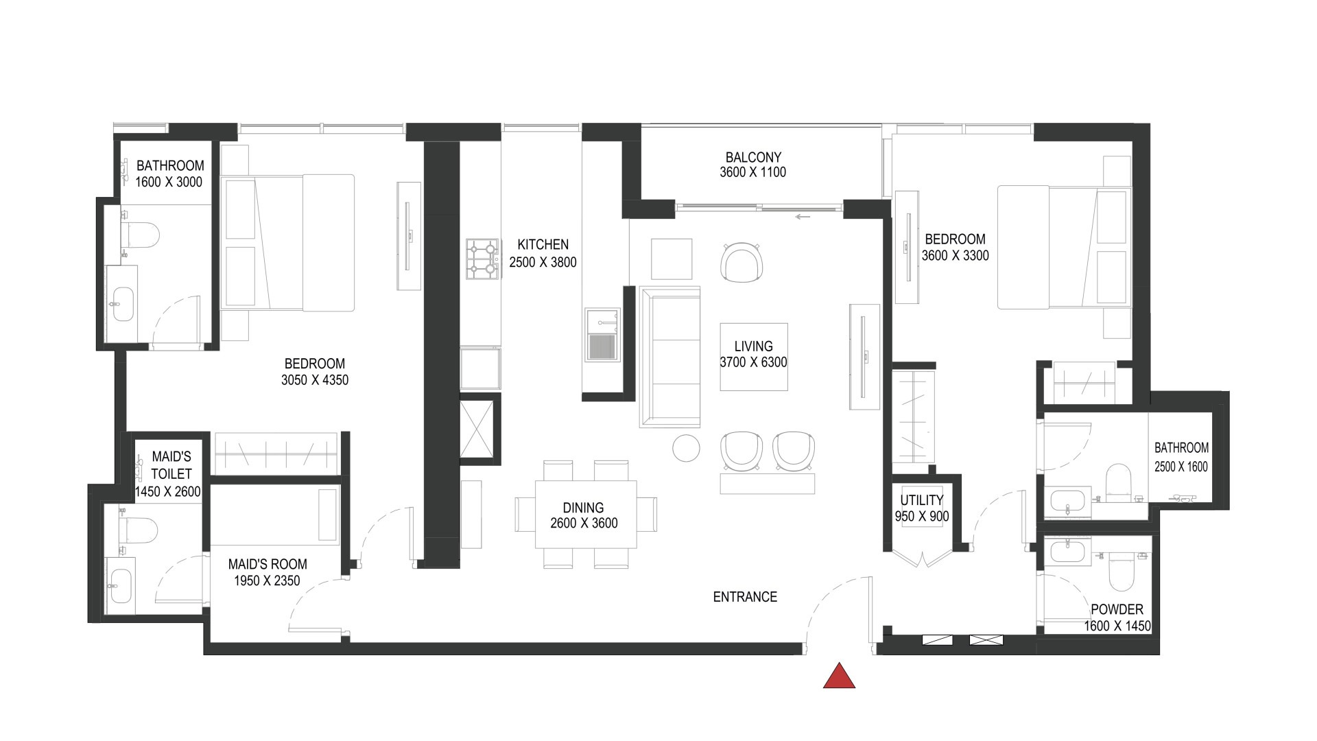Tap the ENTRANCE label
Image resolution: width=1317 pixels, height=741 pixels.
[x=745, y=597]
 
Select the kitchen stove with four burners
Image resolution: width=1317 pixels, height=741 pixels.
[x=482, y=259]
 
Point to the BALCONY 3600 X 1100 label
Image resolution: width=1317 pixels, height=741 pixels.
[x=752, y=165]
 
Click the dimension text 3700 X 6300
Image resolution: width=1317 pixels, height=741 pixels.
[x=753, y=363]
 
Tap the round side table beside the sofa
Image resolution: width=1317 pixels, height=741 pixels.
[x=686, y=448]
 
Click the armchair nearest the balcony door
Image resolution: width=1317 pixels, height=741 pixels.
[x=741, y=262]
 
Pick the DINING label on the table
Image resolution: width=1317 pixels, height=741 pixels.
[x=583, y=508]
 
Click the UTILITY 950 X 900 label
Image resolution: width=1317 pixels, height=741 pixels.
[x=921, y=508]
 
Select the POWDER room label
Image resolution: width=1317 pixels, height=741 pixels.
[x=1117, y=609]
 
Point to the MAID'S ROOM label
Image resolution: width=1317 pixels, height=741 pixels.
[x=267, y=564]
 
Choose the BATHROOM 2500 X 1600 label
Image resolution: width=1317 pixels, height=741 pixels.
[x=1180, y=457]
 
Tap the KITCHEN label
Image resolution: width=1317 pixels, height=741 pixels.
[x=543, y=244]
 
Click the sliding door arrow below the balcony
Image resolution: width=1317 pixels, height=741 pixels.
[x=803, y=217]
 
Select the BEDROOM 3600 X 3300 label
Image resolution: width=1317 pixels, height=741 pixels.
[x=955, y=247]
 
